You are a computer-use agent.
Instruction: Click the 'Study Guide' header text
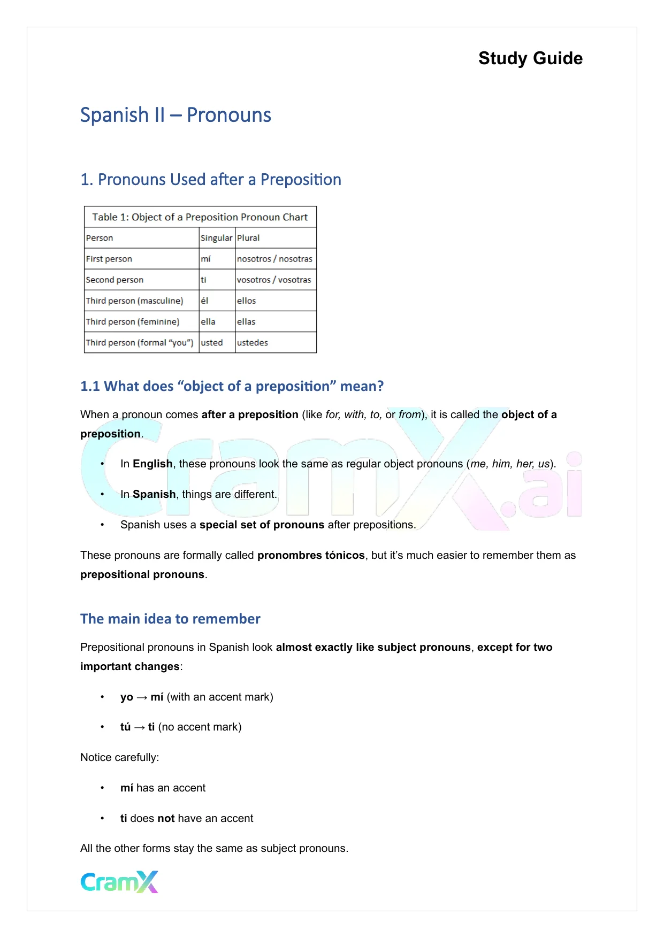coord(530,58)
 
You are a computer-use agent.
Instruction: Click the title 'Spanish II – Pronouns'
coord(175,115)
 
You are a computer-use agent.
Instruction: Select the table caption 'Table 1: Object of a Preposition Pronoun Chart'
coord(200,217)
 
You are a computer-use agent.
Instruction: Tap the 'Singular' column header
coord(216,238)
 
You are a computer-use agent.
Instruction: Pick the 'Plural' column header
coord(248,238)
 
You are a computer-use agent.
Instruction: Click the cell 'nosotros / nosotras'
coord(274,259)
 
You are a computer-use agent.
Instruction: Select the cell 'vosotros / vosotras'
coord(273,280)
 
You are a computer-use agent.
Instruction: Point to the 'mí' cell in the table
coord(205,259)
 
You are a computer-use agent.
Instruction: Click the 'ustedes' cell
coord(252,343)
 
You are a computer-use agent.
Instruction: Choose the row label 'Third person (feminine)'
coord(133,322)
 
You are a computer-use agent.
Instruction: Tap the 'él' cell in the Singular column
coord(204,301)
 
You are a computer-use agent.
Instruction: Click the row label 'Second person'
coord(115,280)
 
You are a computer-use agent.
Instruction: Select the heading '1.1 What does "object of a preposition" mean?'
coord(232,386)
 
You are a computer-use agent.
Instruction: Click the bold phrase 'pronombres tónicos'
coord(311,555)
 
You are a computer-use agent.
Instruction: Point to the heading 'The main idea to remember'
coord(170,619)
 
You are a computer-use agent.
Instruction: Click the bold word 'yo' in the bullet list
coord(126,697)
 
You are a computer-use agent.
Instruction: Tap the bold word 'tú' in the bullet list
coord(125,727)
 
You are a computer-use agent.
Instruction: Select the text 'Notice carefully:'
coord(119,757)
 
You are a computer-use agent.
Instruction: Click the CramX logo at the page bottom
coord(119,882)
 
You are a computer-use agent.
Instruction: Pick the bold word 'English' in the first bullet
coord(152,464)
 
